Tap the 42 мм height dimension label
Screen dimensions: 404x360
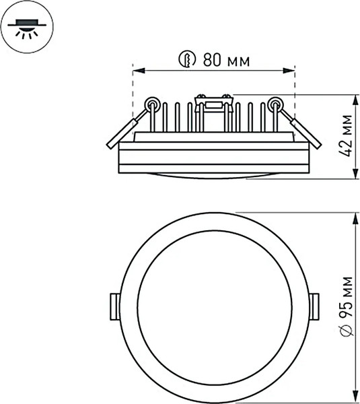[x=346, y=135]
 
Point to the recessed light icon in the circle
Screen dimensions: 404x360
[x=26, y=28]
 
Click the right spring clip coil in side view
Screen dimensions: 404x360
[x=275, y=104]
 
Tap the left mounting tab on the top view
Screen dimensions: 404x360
[x=113, y=307]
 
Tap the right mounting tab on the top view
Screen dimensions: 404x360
[x=316, y=307]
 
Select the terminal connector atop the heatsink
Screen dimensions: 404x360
[x=213, y=103]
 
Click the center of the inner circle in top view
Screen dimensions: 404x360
[x=214, y=307]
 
